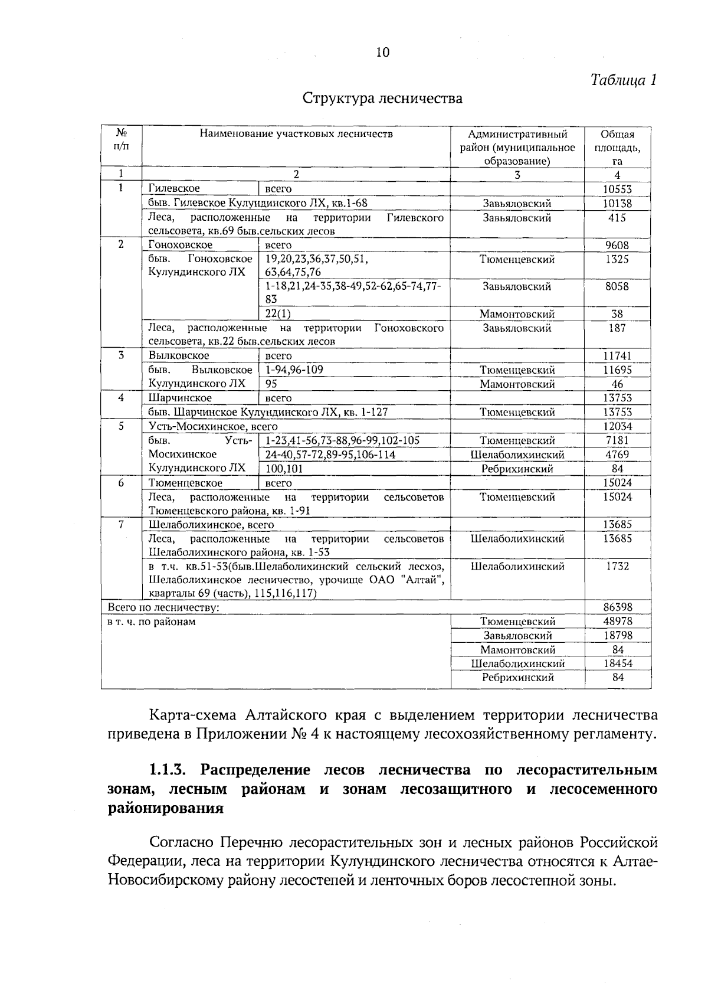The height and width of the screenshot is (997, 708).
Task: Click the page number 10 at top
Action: tap(382, 53)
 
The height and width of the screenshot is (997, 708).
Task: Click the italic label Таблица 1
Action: tap(624, 80)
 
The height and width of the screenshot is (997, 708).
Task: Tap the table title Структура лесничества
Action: tap(382, 98)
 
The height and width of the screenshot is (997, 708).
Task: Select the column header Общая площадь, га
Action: tap(617, 147)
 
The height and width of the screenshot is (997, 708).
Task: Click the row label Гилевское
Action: tap(174, 188)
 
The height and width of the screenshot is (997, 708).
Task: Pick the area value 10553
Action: tap(617, 189)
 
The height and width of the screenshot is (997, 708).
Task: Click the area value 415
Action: tap(617, 218)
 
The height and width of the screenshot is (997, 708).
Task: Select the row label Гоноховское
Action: tap(180, 245)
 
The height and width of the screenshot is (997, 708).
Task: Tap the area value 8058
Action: tap(617, 287)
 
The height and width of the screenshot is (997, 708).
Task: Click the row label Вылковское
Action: tap(179, 356)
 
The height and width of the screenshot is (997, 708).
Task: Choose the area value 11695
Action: tap(617, 370)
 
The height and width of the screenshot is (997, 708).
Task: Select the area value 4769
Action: tap(617, 455)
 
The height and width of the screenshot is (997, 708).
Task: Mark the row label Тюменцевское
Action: tap(185, 483)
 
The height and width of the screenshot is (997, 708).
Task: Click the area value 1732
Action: tap(617, 567)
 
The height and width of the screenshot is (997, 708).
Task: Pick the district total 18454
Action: tap(617, 663)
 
